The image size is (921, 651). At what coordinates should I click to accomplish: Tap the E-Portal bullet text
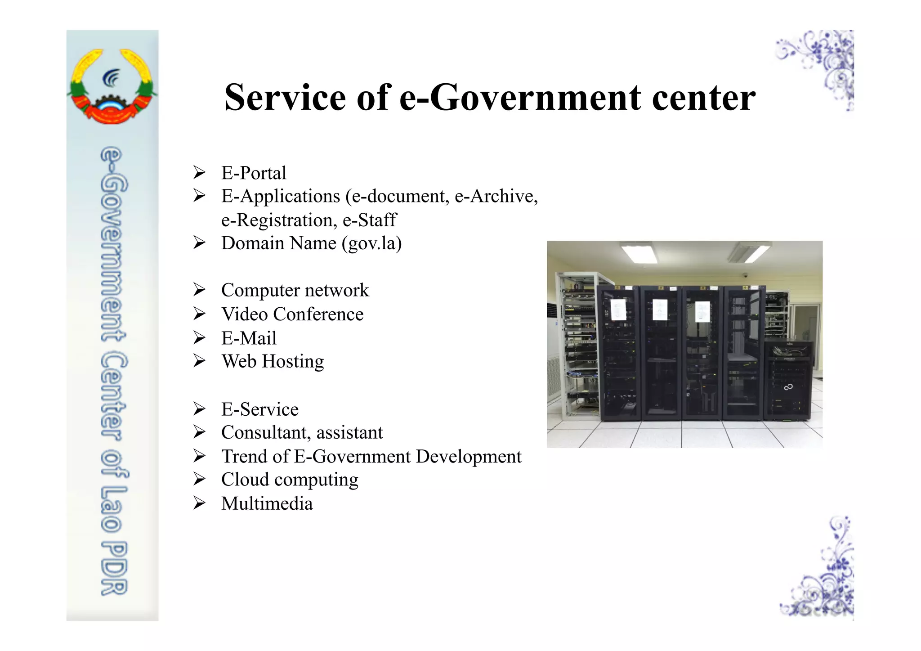coord(254,173)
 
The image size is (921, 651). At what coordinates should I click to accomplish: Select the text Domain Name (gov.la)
coord(311,243)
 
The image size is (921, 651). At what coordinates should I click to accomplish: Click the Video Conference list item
coord(292,314)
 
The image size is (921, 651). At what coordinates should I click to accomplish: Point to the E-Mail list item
coord(249,338)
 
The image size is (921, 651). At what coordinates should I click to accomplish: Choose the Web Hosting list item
coord(273,361)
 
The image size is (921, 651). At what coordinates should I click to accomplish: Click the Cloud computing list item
coord(290,480)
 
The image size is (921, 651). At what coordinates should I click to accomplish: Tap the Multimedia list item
coord(267,503)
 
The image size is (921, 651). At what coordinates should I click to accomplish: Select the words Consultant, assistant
coord(302,432)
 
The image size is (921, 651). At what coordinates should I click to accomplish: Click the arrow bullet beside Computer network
coord(199,290)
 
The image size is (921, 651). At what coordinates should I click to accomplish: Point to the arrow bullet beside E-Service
coord(199,409)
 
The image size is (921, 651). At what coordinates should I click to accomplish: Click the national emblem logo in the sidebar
coord(112,85)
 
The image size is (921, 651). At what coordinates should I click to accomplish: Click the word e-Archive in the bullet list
coord(496,197)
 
